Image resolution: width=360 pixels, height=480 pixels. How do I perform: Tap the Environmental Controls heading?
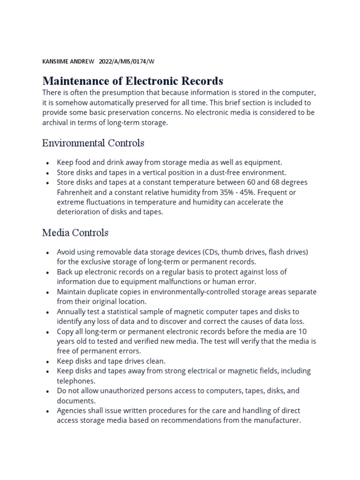click(x=93, y=142)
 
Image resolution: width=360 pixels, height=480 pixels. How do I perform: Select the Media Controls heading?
click(x=75, y=232)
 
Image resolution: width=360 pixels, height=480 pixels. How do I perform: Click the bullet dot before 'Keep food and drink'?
click(x=48, y=163)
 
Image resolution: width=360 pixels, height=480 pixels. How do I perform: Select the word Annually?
click(x=72, y=311)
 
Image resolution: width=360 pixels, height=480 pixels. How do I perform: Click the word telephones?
click(x=76, y=381)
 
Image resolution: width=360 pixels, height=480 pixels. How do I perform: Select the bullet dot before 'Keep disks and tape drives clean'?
click(x=48, y=361)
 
